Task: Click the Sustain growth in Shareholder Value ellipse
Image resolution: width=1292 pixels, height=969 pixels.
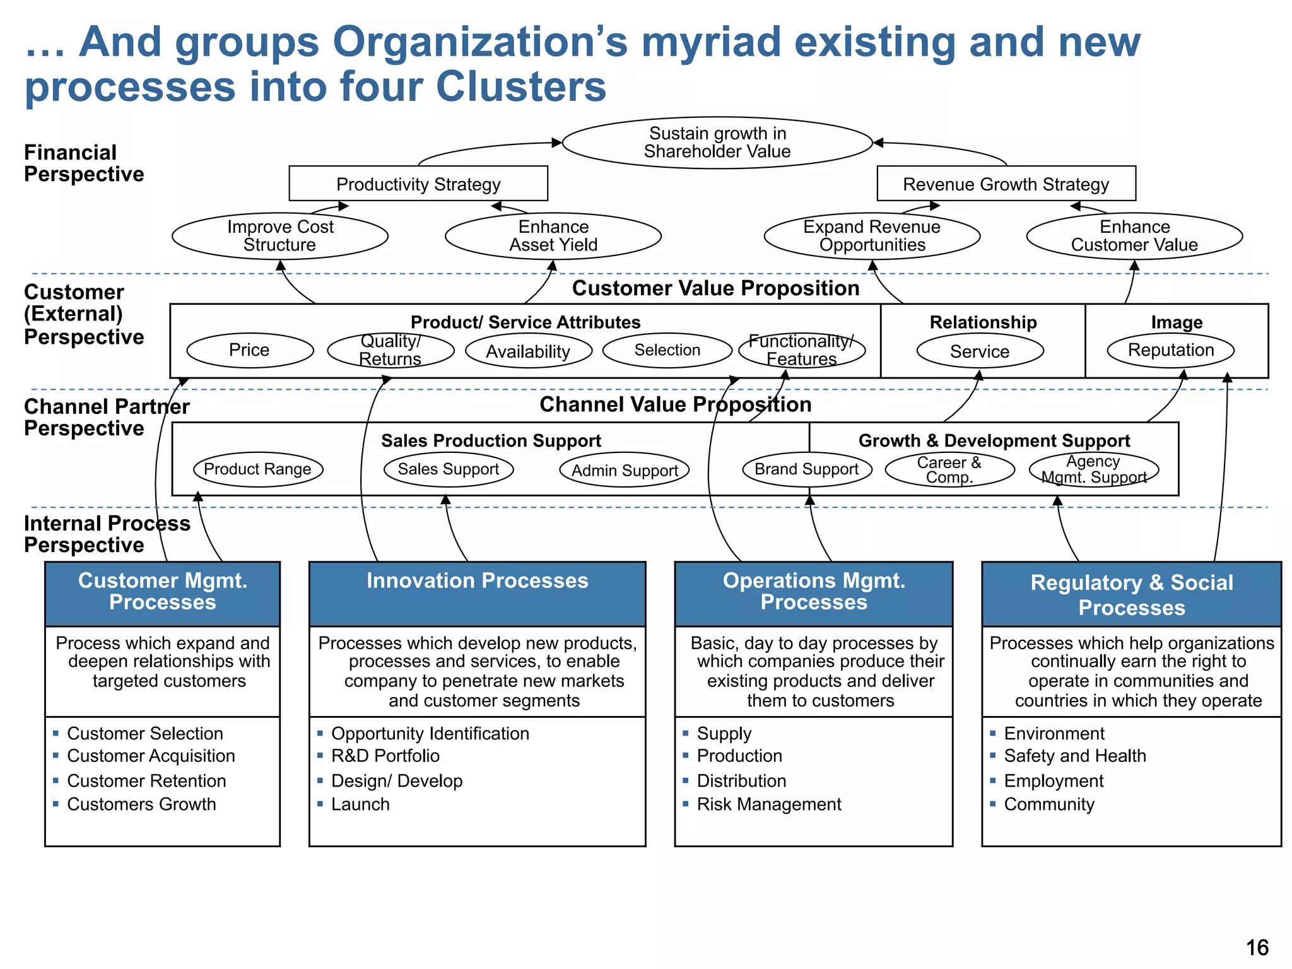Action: (717, 143)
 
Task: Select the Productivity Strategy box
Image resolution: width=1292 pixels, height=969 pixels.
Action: (418, 184)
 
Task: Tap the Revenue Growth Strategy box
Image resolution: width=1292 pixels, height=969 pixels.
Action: (1006, 184)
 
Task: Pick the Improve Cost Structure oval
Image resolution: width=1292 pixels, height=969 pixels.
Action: (280, 236)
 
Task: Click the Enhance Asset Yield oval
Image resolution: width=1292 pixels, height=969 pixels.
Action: (553, 236)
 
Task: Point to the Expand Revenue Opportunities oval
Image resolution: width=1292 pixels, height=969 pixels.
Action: (872, 236)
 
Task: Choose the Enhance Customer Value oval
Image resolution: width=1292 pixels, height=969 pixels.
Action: (1134, 236)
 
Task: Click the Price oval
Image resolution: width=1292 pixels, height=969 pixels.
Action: (250, 350)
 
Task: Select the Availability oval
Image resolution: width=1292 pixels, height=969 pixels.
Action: (529, 351)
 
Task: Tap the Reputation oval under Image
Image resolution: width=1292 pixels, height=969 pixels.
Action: (1171, 350)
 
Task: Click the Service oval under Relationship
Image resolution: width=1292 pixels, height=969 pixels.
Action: (980, 351)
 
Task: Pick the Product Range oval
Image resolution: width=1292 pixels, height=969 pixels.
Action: (257, 469)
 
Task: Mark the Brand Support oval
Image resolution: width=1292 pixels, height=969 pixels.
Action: (807, 469)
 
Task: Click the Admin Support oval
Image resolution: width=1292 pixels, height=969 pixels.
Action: (625, 471)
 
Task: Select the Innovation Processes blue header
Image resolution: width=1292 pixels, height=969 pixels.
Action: (478, 593)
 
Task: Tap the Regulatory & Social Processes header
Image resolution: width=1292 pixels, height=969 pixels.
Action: (1132, 594)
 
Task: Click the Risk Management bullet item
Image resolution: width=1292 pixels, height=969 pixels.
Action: (768, 804)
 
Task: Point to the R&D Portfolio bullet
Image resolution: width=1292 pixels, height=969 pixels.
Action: (385, 756)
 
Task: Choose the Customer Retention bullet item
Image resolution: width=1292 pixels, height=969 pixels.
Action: (146, 781)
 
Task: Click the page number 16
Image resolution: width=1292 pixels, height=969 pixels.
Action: (1257, 948)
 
